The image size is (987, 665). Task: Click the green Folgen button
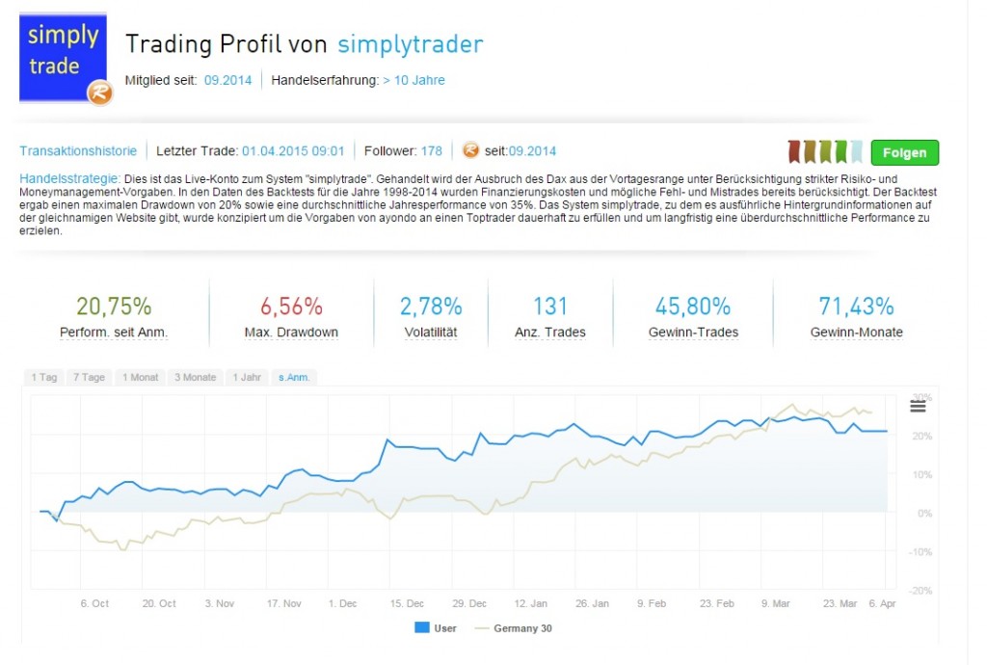coord(904,152)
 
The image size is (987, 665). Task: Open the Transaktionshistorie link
coord(78,151)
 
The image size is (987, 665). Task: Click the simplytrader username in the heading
coord(411,44)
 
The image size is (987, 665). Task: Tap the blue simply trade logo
coord(64,58)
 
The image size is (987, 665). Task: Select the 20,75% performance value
coord(115,306)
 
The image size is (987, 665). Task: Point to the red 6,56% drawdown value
coord(291,306)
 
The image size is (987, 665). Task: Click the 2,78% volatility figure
coord(431,306)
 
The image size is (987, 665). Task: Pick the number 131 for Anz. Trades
coord(550,306)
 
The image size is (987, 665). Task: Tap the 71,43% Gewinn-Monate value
coord(857,306)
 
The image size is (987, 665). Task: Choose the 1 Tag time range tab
coord(44,377)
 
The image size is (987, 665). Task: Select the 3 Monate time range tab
coord(196,377)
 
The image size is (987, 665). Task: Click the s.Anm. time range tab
coord(294,377)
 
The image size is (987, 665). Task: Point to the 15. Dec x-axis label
coord(407,603)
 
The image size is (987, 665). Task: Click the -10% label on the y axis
coord(921,551)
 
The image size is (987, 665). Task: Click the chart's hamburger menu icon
coord(918,407)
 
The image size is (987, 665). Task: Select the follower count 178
coord(431,151)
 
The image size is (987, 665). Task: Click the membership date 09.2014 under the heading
coord(227,80)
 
